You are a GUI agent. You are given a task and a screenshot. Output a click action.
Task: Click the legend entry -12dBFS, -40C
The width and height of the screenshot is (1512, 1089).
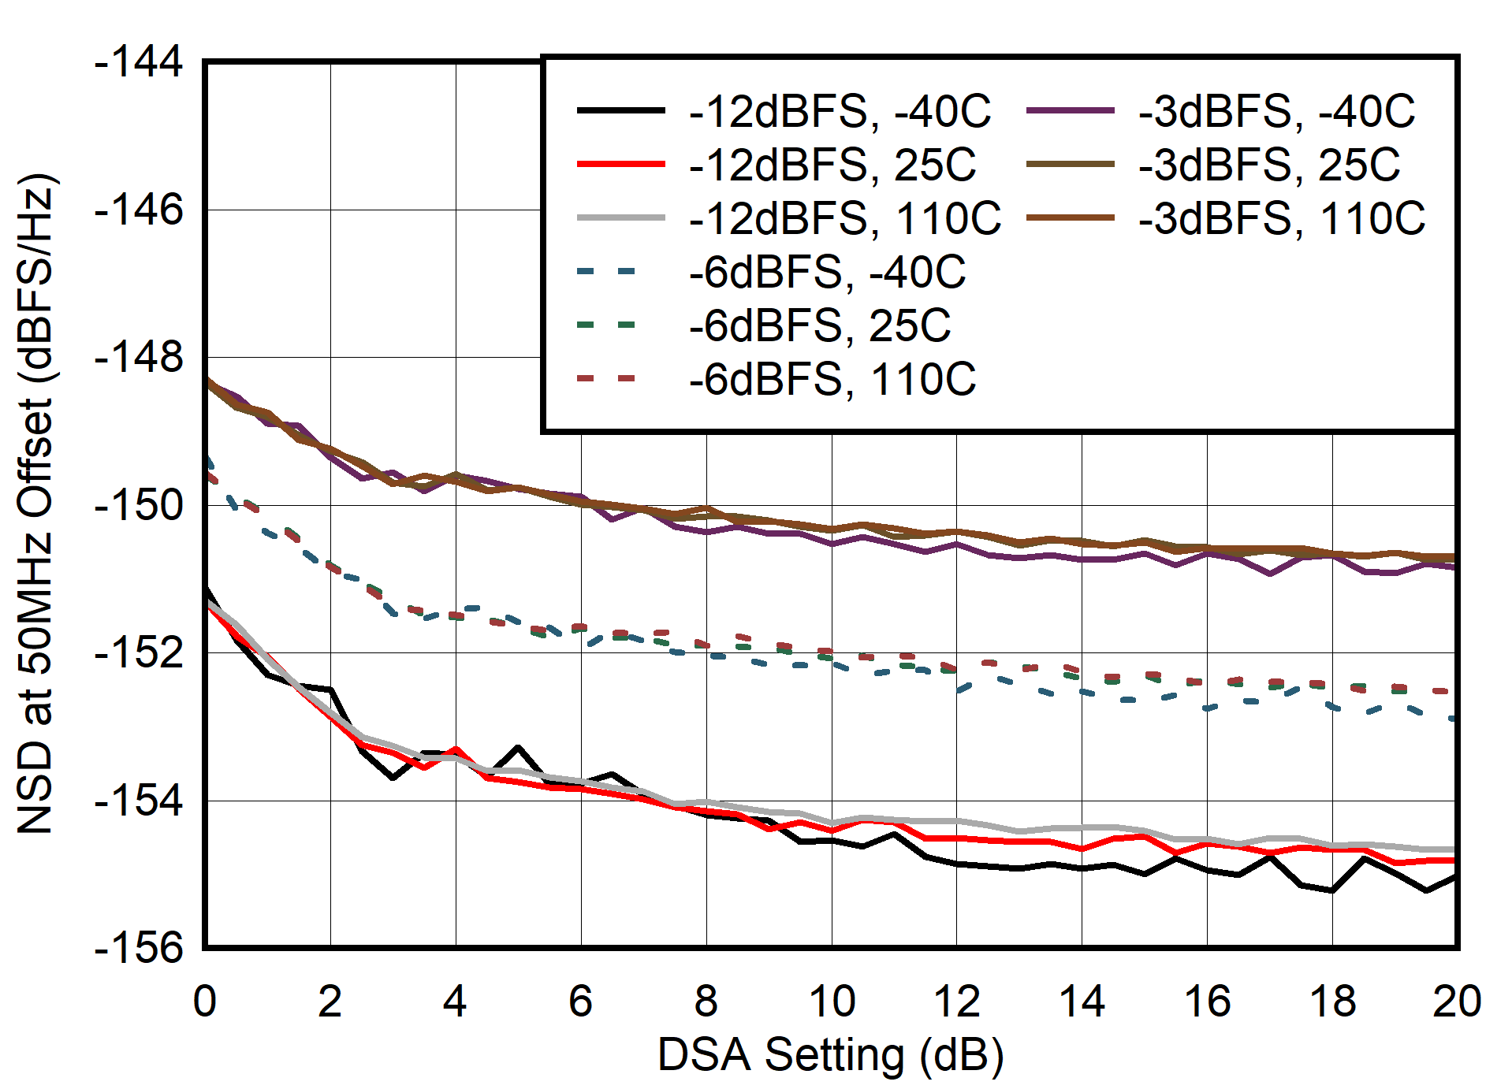point(840,111)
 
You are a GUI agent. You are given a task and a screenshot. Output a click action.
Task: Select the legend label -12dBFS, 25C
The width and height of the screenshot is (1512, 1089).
point(832,165)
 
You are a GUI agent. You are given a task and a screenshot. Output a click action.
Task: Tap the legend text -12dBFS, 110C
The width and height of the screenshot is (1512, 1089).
point(844,218)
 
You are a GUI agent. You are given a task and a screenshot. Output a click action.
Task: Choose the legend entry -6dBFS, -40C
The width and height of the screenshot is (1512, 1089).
point(827,272)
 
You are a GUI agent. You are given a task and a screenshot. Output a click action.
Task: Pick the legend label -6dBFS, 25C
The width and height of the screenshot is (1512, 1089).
point(820,325)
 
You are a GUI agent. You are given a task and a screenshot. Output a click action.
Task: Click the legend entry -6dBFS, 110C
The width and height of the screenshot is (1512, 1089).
point(832,379)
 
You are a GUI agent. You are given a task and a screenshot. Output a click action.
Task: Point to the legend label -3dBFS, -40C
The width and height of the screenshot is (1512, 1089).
point(1276,111)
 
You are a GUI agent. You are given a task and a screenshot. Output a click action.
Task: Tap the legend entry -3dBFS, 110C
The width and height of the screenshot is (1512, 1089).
point(1282,218)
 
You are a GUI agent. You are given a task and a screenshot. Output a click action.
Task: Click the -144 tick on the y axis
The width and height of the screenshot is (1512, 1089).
point(139,61)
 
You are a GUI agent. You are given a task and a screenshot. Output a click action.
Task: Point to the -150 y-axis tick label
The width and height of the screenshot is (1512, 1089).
point(139,505)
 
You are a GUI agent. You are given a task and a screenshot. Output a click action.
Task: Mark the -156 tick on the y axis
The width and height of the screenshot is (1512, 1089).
point(139,948)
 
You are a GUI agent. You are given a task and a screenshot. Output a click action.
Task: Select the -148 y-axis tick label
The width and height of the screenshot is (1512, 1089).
point(139,358)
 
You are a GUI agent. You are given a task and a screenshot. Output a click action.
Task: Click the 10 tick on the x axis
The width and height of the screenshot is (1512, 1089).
point(832,1002)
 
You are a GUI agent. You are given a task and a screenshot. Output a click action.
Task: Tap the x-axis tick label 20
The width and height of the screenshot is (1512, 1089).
point(1457,1002)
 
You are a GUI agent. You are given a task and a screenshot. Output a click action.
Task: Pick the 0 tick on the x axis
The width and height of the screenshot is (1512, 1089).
point(205,1002)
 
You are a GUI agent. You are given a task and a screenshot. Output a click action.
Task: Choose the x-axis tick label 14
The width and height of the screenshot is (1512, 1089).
point(1082,1002)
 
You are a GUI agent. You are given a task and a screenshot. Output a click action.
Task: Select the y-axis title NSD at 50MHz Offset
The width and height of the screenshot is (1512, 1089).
point(35,504)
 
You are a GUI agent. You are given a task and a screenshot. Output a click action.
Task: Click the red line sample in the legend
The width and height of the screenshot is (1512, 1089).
point(620,165)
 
